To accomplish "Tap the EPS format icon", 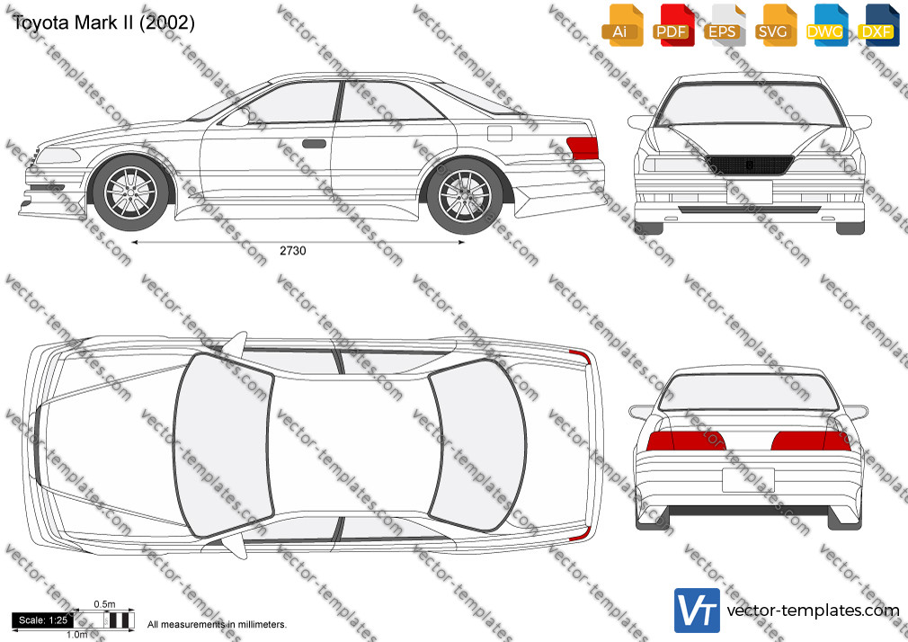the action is pos(725,25).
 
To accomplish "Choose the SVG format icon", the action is pos(775,25).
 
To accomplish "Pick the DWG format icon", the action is pos(827,25).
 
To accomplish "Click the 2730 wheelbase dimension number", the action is pos(292,251).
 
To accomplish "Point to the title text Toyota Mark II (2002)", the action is pos(103,22).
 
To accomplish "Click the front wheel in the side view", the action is pos(131,192).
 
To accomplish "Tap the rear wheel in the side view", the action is pos(465,195).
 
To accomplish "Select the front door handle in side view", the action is pos(314,144).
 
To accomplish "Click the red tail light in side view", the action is pos(583,147).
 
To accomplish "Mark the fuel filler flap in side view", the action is pos(500,134).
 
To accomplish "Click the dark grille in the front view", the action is pos(750,165).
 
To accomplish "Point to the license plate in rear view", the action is pos(748,480).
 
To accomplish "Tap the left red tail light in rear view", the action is pos(686,441).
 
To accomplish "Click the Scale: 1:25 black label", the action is pos(43,620).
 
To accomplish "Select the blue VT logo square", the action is pos(697,611).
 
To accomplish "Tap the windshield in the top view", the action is pos(224,446).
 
